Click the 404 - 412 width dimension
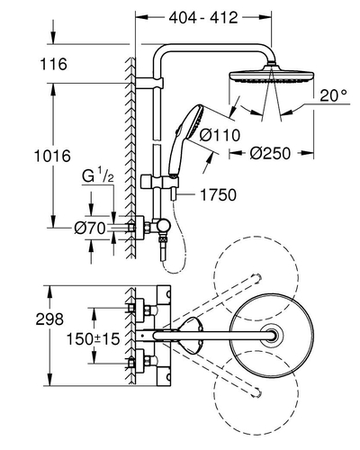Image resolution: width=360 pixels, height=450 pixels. pyautogui.click(x=203, y=18)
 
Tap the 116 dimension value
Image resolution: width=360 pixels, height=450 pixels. pyautogui.click(x=54, y=64)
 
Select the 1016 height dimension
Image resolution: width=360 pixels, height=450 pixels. pyautogui.click(x=52, y=156)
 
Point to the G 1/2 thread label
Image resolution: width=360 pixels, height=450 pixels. pyautogui.click(x=98, y=177)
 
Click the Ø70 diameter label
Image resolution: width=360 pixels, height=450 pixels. pyautogui.click(x=90, y=229)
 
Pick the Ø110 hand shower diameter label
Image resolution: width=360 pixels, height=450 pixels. pyautogui.click(x=220, y=135)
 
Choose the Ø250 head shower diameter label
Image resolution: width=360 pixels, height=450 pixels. pyautogui.click(x=270, y=153)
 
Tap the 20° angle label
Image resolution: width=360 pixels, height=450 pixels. pyautogui.click(x=333, y=95)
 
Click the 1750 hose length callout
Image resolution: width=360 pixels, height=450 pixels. pyautogui.click(x=218, y=194)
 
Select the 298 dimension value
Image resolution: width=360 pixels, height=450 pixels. pyautogui.click(x=49, y=319)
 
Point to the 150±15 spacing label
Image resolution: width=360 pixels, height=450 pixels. pyautogui.click(x=93, y=339)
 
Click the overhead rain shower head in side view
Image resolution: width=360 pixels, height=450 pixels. pyautogui.click(x=272, y=75)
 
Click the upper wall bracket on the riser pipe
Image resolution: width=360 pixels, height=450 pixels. pyautogui.click(x=149, y=83)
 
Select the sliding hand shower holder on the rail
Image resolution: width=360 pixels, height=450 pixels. pyautogui.click(x=160, y=182)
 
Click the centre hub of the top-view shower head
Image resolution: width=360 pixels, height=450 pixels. pyautogui.click(x=273, y=336)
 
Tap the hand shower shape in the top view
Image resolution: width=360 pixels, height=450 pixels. pyautogui.click(x=189, y=336)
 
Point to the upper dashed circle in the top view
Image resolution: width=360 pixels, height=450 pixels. pyautogui.click(x=256, y=279)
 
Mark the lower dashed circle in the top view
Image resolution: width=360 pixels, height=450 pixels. pyautogui.click(x=256, y=392)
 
